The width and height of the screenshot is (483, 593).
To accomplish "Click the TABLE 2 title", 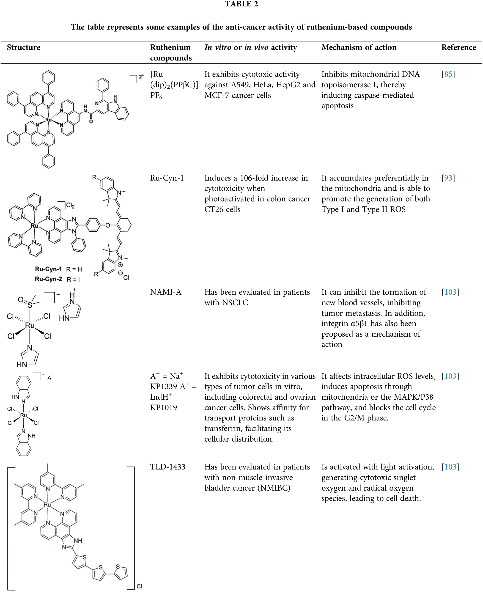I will coord(241,4).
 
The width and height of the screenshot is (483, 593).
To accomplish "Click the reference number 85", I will coord(448,74).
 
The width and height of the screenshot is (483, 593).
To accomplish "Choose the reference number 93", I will coord(448,178).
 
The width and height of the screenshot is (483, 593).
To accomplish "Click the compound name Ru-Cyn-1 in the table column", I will coord(167,178).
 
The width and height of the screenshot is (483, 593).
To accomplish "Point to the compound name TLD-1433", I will coord(167,467).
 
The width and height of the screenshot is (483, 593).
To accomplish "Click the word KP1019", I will coord(164,407).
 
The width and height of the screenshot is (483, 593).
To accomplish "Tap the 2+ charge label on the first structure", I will coord(141,76).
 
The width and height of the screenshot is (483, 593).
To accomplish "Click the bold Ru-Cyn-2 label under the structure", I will coord(48,279).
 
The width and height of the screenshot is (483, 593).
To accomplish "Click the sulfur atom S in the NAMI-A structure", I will coord(30,305).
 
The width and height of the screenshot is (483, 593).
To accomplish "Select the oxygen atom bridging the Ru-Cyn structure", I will coord(108,225).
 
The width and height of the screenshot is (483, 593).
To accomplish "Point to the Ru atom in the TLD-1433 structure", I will coord(47,505).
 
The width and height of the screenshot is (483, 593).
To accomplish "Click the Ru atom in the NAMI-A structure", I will coord(30,325).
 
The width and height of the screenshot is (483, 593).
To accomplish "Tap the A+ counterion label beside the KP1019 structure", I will coord(49,377).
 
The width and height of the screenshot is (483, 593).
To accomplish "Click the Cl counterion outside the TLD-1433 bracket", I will coord(139,586).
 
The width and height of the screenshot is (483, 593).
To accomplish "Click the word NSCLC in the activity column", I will coord(235,302).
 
